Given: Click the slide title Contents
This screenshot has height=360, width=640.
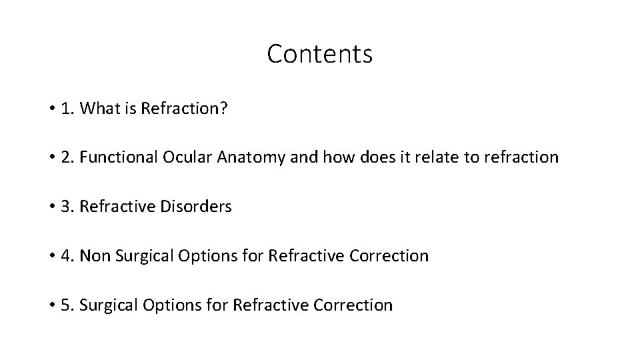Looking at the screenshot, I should pyautogui.click(x=319, y=54).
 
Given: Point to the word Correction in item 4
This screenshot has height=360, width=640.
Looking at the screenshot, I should pyautogui.click(x=389, y=256).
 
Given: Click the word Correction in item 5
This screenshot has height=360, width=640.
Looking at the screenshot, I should pyautogui.click(x=353, y=305).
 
